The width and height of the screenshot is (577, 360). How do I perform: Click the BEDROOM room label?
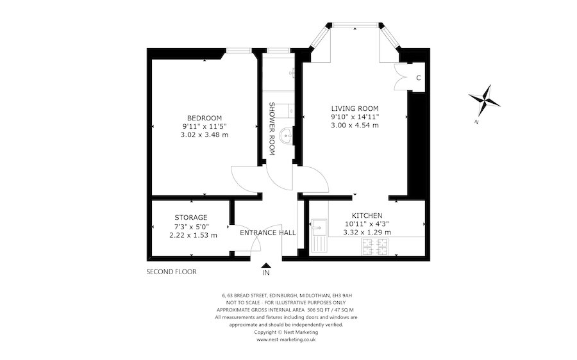204,117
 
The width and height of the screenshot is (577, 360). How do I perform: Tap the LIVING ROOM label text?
355,108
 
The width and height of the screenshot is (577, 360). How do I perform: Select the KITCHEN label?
367,215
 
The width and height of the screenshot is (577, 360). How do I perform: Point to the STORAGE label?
190,217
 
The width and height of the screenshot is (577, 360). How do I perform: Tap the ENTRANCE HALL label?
267,233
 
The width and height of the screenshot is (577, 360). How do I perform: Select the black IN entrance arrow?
266,265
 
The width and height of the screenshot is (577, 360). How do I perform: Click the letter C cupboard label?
418,78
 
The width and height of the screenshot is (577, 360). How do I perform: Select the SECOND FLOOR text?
171,272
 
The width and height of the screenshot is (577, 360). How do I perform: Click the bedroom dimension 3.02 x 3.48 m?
204,135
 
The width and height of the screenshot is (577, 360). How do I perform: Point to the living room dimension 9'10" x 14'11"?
355,117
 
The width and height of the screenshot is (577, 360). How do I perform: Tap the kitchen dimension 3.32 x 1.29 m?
367,233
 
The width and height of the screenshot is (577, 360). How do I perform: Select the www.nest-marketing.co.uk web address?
286,340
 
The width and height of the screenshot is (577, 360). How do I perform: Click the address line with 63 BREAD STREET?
286,295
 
